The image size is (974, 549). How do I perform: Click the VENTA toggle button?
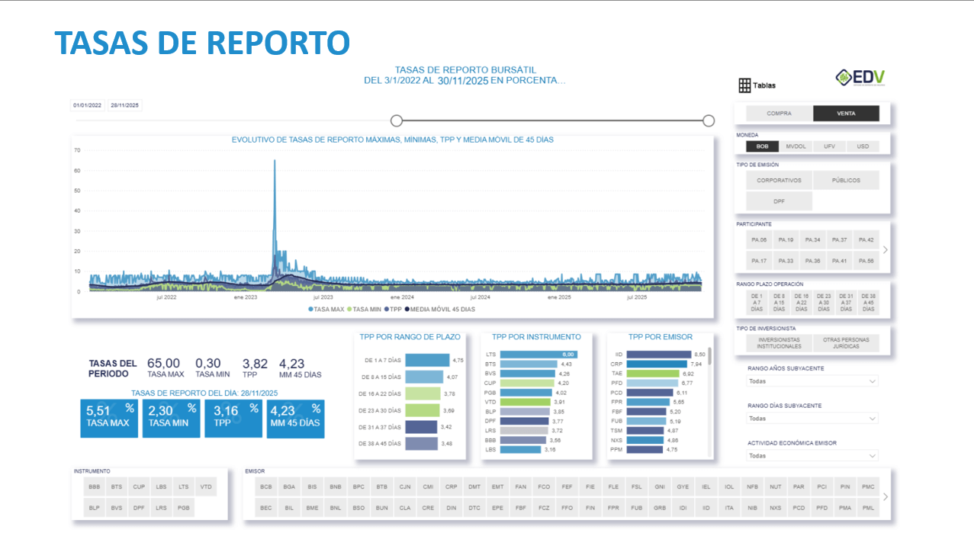point(846,114)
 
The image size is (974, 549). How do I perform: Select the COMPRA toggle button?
point(779,114)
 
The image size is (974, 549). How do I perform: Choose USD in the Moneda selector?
point(863,146)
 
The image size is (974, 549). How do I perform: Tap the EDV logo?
point(860,78)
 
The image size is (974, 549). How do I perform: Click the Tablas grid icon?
point(744,85)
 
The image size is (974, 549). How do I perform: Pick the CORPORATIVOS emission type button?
point(779,181)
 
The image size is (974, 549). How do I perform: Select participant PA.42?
point(866,240)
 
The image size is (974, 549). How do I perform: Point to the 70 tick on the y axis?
point(77,150)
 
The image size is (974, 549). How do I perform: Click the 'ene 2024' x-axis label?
point(402,297)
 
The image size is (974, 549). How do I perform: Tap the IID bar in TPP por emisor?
point(660,355)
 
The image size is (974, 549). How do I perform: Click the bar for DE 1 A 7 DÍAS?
point(428,360)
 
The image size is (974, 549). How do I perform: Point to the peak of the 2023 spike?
point(275,161)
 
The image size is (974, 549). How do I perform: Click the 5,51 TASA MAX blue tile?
point(108,419)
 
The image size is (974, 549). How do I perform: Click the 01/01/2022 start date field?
point(87,106)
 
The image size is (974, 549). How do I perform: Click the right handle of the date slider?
point(709,120)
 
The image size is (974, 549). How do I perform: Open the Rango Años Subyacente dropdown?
point(812,381)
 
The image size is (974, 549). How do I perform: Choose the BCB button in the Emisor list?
point(266,486)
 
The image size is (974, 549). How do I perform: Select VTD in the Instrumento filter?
point(205,486)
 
